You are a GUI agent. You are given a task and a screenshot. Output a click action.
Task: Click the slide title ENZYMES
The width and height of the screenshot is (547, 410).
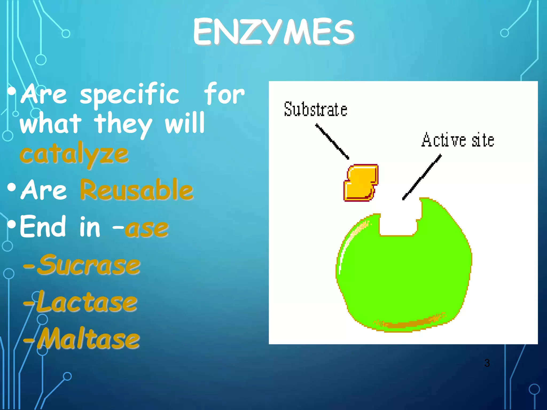click(273, 32)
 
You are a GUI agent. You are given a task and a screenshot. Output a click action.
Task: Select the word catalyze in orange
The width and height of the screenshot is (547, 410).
click(74, 155)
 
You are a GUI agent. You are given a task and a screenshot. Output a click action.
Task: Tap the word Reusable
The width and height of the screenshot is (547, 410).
click(136, 190)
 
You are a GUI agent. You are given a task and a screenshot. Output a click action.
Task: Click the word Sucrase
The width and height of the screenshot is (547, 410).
click(88, 265)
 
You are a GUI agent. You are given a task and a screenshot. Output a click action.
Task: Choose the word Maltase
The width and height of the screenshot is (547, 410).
click(88, 339)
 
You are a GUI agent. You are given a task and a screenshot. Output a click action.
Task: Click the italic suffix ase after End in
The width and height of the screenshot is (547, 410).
click(147, 228)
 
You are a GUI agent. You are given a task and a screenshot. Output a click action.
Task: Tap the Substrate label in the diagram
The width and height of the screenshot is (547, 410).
click(315, 109)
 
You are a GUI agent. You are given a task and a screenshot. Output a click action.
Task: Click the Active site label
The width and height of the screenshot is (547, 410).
click(458, 140)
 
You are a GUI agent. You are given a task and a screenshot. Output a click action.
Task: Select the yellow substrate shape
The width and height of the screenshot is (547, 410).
click(361, 183)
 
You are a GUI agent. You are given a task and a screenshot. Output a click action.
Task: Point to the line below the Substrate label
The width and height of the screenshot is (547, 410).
click(332, 141)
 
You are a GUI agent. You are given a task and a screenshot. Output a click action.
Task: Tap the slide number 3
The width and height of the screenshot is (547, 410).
click(487, 363)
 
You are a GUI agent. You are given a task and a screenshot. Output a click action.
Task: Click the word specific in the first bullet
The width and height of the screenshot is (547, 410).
click(130, 95)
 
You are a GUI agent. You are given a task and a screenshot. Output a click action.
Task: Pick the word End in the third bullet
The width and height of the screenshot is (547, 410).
click(43, 227)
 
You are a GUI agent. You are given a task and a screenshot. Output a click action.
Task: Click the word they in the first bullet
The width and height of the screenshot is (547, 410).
click(123, 124)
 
